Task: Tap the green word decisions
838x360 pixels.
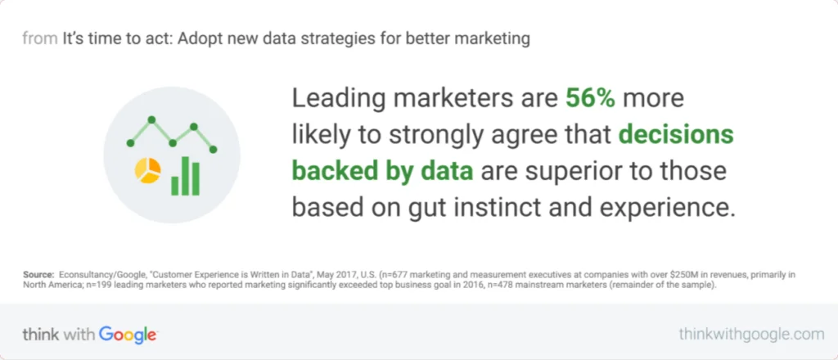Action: tap(676, 135)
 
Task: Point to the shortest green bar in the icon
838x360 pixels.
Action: tap(174, 186)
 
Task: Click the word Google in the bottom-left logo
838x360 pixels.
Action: tap(128, 334)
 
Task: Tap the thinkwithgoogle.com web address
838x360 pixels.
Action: tap(750, 334)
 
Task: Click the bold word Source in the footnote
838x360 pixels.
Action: tap(38, 275)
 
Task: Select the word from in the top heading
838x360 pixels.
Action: tap(40, 38)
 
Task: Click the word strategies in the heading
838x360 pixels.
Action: tap(344, 38)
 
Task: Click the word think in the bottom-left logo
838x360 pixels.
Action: tap(40, 334)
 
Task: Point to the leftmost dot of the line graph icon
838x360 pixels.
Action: tap(130, 143)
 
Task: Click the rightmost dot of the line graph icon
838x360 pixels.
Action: tap(214, 150)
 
